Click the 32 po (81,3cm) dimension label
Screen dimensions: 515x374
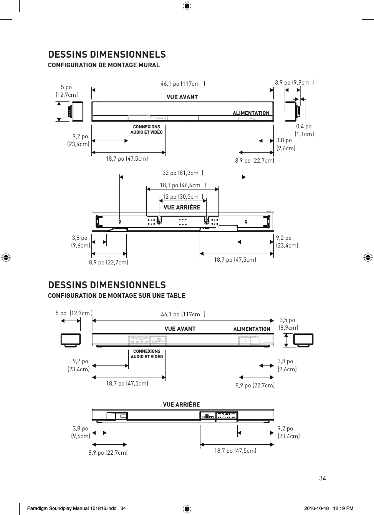tap(182, 173)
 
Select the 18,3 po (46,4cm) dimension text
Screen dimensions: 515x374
tap(182, 185)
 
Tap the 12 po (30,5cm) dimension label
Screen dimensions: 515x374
tap(182, 197)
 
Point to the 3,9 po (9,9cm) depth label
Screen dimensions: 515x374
tap(294, 82)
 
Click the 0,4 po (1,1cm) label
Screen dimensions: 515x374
tap(304, 130)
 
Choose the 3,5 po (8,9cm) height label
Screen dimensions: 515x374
tap(288, 324)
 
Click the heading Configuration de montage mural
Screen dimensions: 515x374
tap(104, 65)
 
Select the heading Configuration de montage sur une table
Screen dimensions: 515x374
tap(116, 296)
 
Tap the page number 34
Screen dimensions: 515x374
tap(322, 478)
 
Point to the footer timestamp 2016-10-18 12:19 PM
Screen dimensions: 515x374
tap(328, 508)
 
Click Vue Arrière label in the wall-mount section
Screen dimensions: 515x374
tap(182, 208)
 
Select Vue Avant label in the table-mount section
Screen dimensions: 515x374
tap(180, 329)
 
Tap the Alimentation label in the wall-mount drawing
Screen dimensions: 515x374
tap(251, 113)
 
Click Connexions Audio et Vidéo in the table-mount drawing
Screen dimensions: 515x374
tap(147, 354)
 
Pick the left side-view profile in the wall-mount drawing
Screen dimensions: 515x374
tap(76, 111)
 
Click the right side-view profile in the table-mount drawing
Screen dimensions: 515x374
tap(304, 341)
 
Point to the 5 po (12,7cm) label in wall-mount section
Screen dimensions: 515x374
tap(67, 91)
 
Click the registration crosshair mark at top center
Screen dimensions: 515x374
tap(187, 6)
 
